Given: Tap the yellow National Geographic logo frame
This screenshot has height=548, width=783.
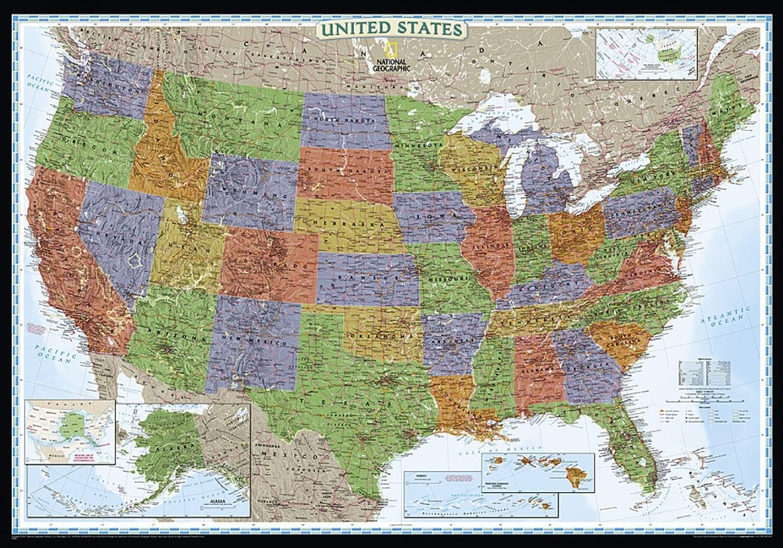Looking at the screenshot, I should click(391, 50).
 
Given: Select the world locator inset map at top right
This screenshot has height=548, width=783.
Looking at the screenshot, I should click(646, 53).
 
